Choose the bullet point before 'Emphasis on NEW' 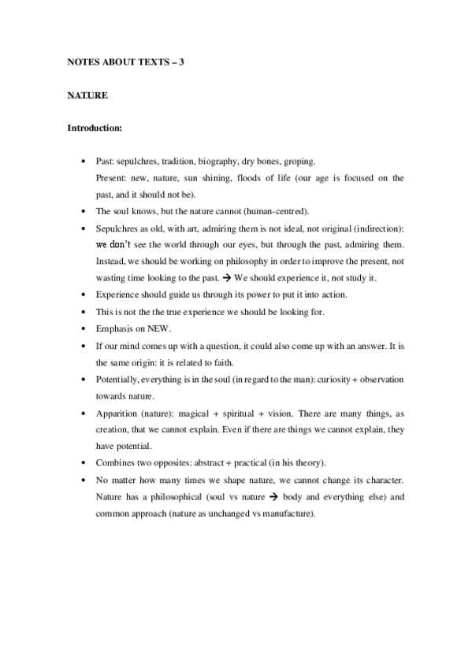tap(84, 328)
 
